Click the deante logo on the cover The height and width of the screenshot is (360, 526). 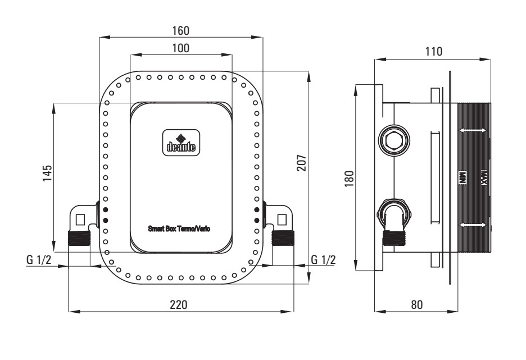tap(180, 143)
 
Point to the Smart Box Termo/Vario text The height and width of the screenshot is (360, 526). tap(179, 229)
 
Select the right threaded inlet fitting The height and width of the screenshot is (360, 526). tap(283, 238)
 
